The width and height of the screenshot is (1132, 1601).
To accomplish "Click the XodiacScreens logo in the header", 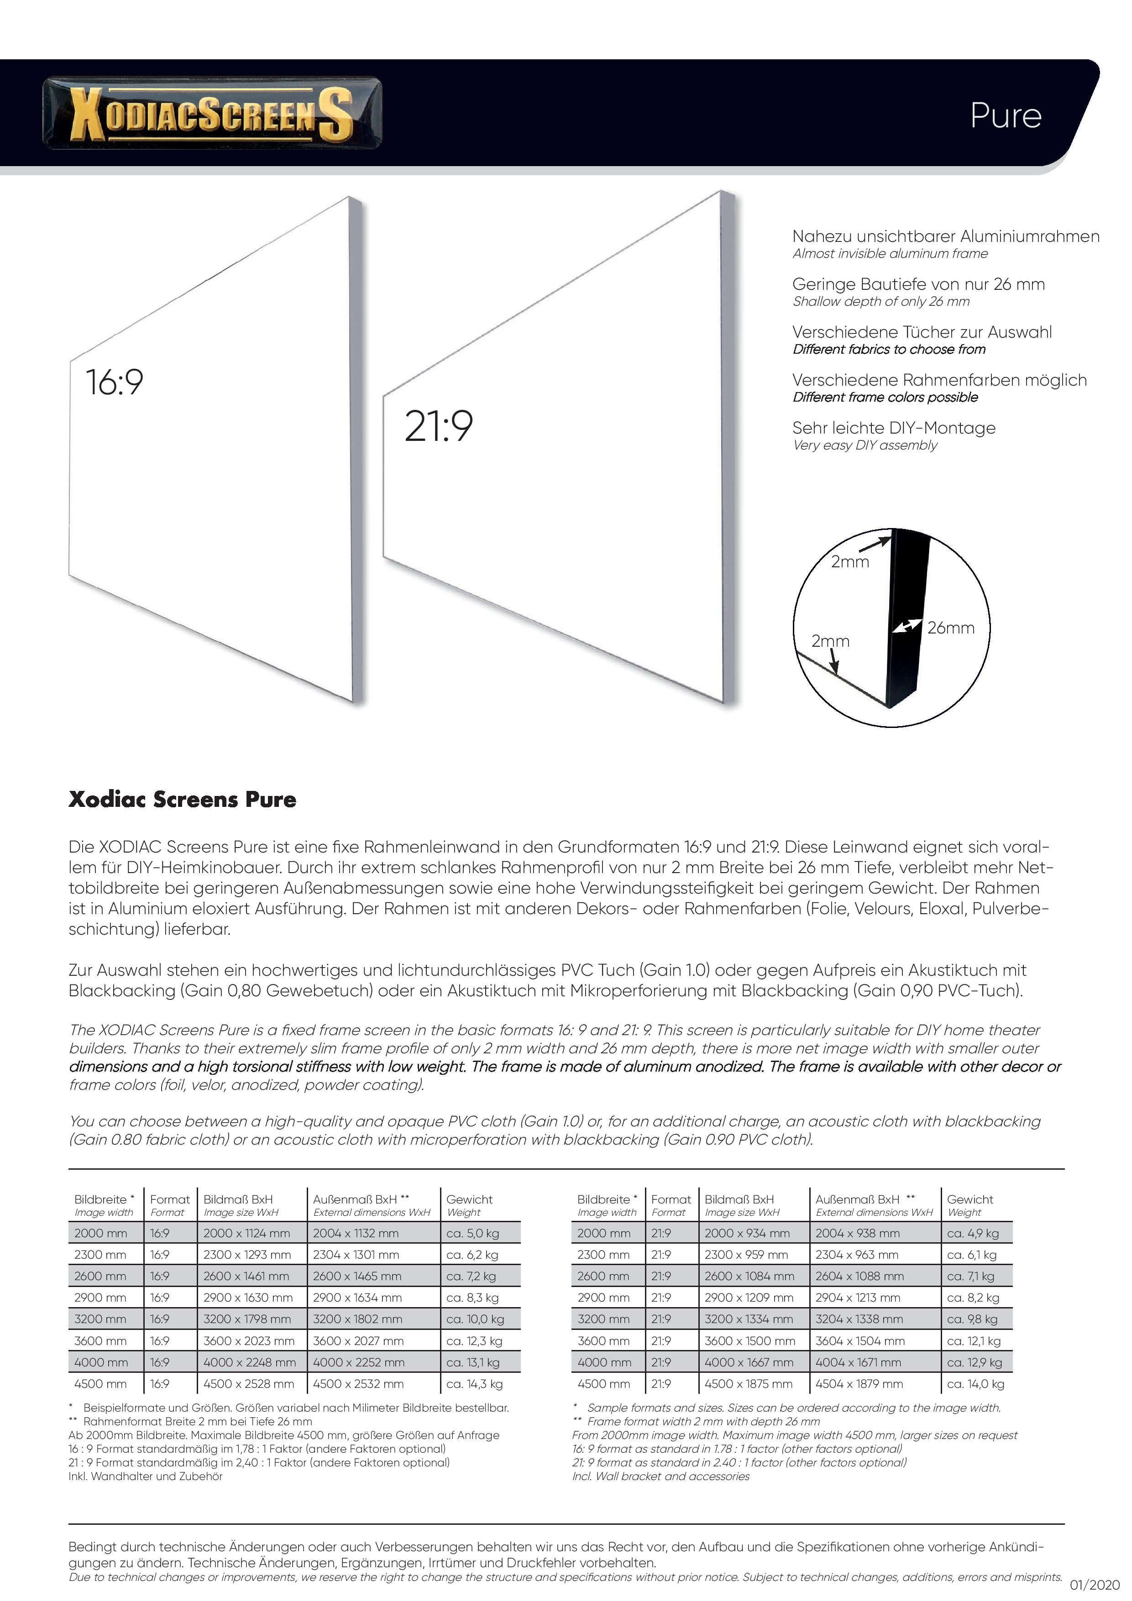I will (212, 113).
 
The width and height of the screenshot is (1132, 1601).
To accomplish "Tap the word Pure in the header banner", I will (1005, 116).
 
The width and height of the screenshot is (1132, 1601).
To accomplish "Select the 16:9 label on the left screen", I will (115, 382).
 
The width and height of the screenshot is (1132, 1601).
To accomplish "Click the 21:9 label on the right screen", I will (439, 426).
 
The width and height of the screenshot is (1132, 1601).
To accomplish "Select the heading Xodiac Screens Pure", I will (182, 799).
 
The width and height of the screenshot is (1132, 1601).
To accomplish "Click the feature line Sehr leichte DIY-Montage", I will (893, 428).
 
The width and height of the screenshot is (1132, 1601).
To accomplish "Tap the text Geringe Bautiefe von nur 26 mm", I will (918, 284).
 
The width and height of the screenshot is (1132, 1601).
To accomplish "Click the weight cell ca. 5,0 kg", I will (473, 1233).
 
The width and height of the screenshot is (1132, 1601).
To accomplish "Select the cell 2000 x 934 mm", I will (747, 1233).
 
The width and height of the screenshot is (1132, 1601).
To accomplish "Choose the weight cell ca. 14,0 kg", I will (975, 1383).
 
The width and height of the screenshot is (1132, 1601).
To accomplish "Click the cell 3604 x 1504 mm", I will (860, 1340).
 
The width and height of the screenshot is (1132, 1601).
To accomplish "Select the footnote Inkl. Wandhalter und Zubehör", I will (145, 1476).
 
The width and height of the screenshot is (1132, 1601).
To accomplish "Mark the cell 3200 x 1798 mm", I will (247, 1318).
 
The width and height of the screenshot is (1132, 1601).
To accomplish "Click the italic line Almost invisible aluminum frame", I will (890, 254).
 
